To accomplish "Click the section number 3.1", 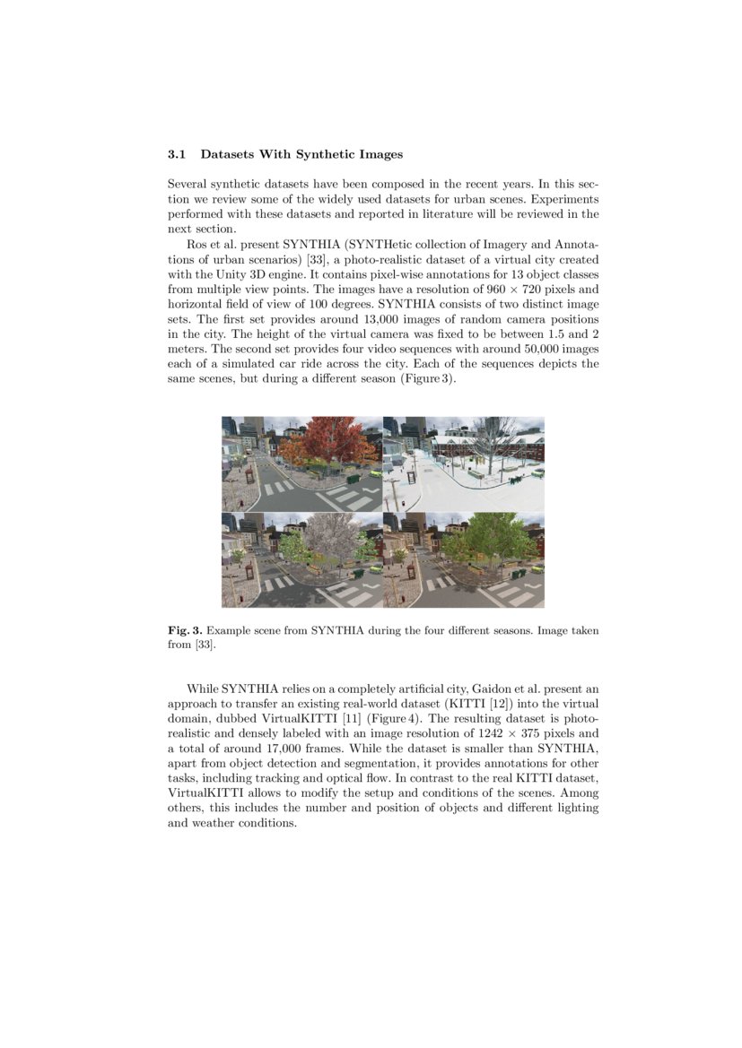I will coord(177,154).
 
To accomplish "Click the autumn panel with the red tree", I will coord(302,463).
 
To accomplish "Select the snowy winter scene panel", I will coord(464,463).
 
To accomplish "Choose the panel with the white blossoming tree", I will coord(302,559).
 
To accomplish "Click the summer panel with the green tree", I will coord(464,559).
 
